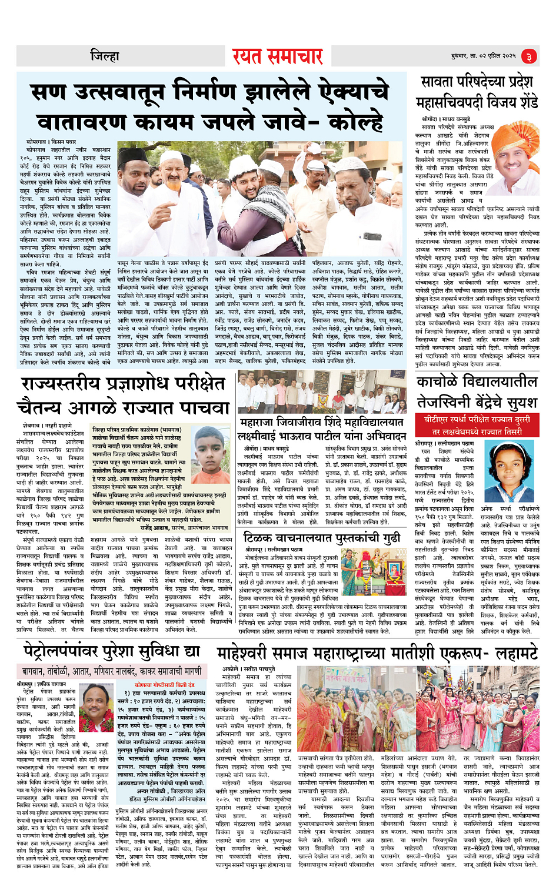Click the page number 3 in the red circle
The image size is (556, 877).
click(x=528, y=56)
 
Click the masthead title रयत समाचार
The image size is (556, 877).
click(x=277, y=56)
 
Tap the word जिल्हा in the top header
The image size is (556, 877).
click(x=105, y=56)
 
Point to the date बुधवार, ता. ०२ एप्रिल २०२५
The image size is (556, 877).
click(x=483, y=56)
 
